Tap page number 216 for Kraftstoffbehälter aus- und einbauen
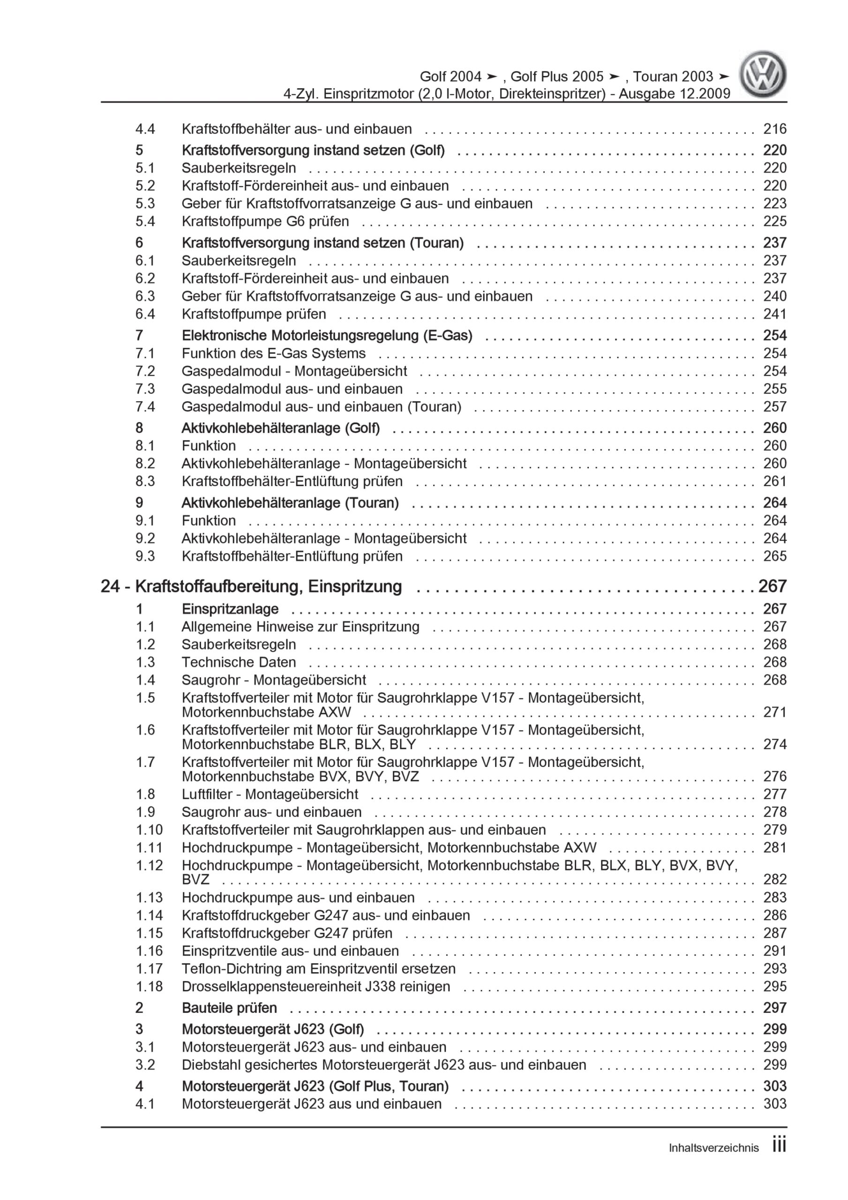[x=774, y=128]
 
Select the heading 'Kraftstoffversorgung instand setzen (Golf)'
[x=313, y=150]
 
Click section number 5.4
[x=145, y=222]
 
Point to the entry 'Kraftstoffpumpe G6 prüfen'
[x=265, y=222]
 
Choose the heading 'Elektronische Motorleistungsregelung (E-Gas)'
[x=327, y=336]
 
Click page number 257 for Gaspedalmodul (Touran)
[x=774, y=406]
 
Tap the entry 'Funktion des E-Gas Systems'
[x=273, y=353]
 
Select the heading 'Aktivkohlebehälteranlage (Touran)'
[x=290, y=503]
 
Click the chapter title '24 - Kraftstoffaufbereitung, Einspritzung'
[x=251, y=586]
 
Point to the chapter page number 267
[x=772, y=586]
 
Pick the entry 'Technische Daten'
[x=239, y=662]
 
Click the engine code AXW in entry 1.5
[x=334, y=712]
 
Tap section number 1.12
[x=150, y=865]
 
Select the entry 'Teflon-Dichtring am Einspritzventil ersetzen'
[x=318, y=968]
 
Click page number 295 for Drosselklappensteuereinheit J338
[x=774, y=986]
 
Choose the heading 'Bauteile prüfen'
[x=230, y=1008]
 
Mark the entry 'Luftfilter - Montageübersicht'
[x=270, y=794]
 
